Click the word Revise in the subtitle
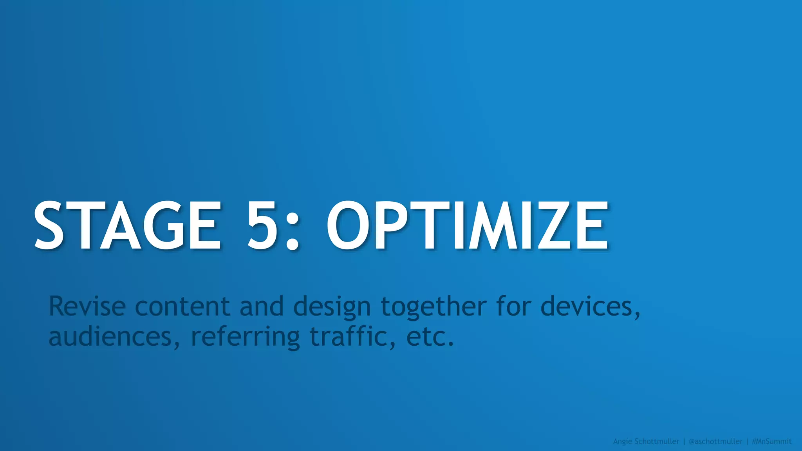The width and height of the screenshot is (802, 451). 87,306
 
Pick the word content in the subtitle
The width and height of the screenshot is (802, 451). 182,306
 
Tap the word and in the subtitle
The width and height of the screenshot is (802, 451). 262,306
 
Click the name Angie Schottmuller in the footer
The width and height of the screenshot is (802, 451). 646,442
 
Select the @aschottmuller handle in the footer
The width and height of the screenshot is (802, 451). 715,442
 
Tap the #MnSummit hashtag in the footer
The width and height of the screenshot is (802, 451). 772,442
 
